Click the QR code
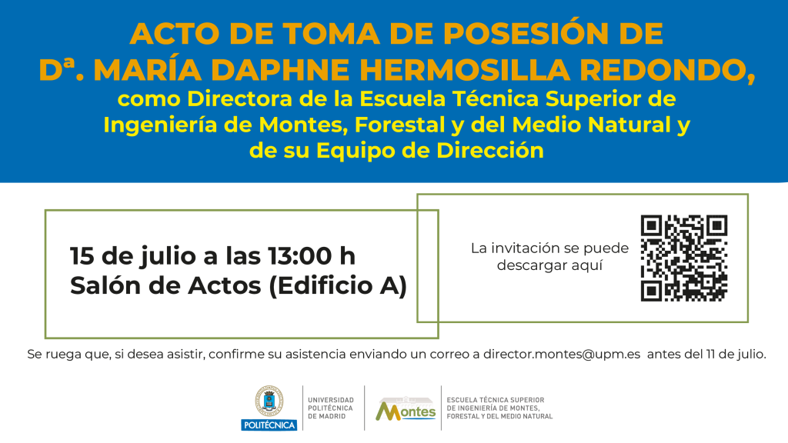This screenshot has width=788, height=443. pos(684,258)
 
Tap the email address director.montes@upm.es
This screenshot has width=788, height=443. pos(562,354)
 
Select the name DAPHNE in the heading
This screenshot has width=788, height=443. pos(280,70)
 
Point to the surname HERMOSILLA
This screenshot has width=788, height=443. pos(465,70)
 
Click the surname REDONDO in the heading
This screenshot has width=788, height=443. pos(664,70)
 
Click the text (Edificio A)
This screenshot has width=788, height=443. pos(338,286)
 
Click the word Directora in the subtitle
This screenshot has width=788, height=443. pos(240,99)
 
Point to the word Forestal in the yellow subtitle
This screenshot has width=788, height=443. pos(399,125)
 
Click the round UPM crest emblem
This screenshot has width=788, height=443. pos(269,401)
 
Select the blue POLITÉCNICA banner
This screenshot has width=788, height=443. pos(269,425)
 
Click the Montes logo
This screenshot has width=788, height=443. pos(406,409)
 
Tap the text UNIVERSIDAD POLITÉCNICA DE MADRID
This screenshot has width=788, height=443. pos(331,408)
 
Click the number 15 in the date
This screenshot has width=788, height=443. pos(82,255)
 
